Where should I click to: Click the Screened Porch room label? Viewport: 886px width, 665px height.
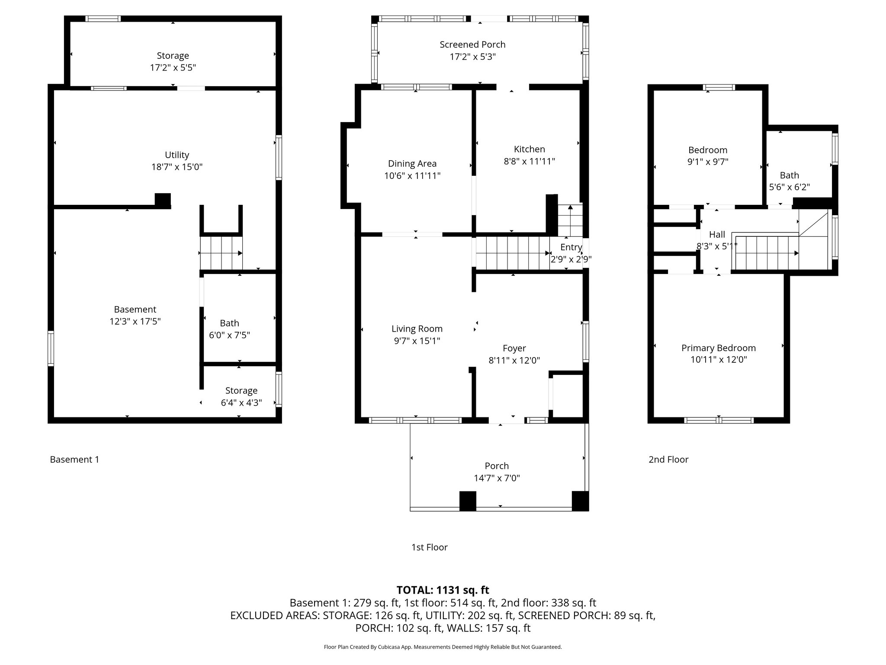(x=472, y=45)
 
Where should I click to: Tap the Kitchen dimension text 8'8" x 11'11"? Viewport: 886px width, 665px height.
(x=529, y=161)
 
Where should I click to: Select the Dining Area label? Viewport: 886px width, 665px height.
(x=412, y=164)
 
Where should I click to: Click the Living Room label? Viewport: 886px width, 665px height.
(x=417, y=329)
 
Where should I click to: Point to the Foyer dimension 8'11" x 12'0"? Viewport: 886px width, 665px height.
(x=514, y=360)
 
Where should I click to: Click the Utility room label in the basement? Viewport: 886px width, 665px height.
(x=177, y=155)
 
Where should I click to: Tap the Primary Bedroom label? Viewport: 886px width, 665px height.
(x=719, y=348)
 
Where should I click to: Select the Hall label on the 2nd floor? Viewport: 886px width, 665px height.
(x=717, y=235)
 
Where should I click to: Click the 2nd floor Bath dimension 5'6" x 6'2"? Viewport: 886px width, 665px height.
(x=790, y=187)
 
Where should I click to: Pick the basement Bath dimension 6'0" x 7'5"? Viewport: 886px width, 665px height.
(x=229, y=335)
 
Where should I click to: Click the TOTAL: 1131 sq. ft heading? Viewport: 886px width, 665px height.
(x=443, y=590)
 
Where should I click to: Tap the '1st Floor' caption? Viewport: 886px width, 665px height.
(x=429, y=547)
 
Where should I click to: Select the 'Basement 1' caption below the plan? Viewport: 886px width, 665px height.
(x=74, y=459)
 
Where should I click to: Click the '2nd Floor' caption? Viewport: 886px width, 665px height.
(x=668, y=459)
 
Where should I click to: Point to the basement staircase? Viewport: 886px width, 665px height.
(x=221, y=253)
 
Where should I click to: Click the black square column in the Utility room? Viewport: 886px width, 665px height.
(x=163, y=200)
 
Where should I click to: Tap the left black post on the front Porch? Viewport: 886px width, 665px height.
(x=468, y=501)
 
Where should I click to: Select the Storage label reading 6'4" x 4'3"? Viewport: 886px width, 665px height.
(x=241, y=397)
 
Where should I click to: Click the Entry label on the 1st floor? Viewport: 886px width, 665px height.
(x=571, y=247)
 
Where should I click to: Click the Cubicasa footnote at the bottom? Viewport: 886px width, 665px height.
(x=443, y=647)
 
